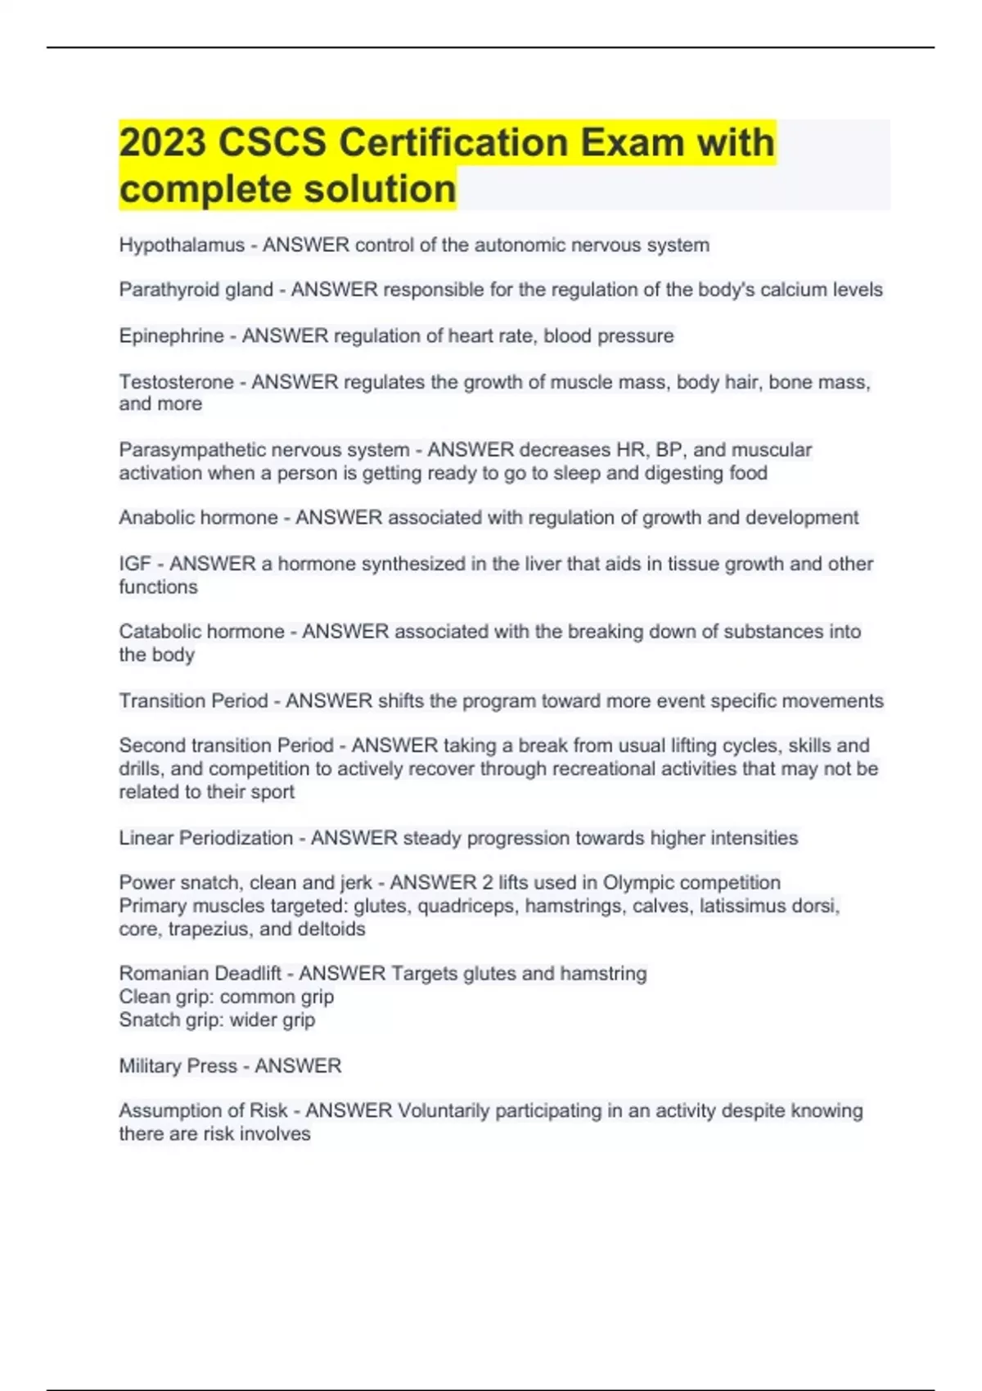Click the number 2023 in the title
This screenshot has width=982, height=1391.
coord(162,142)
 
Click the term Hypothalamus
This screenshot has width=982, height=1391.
coord(182,245)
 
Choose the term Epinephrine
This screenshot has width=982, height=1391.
coord(171,336)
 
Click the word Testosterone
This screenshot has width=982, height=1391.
coord(176,382)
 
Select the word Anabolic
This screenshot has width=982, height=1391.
coord(155,518)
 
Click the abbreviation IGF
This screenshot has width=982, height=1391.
coord(135,564)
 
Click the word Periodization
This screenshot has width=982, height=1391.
coord(236,838)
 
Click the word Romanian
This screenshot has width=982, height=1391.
coord(159,974)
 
